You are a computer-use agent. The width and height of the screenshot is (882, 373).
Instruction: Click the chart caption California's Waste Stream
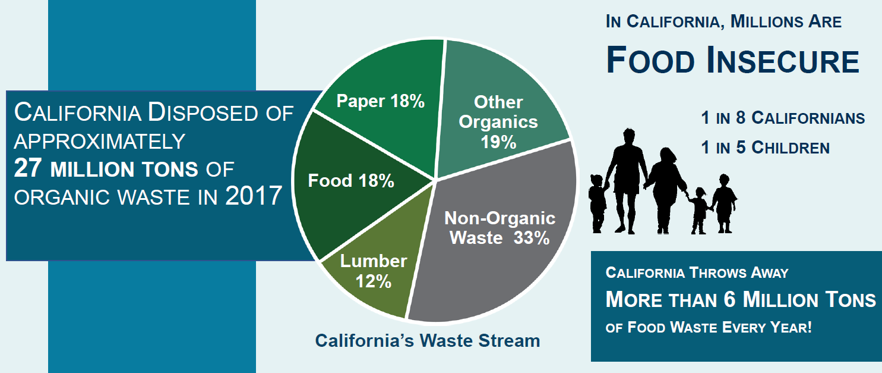428,341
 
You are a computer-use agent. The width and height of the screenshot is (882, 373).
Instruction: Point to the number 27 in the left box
27,168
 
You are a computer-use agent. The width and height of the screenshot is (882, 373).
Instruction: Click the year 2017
254,196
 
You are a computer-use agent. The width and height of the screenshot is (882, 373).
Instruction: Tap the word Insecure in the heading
783,61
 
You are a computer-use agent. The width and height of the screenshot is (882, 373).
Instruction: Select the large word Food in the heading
651,61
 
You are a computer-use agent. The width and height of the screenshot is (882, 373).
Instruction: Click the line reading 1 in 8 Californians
783,118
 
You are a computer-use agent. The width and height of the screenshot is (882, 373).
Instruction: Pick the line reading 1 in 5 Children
765,148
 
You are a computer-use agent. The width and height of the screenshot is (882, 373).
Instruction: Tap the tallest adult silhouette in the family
626,181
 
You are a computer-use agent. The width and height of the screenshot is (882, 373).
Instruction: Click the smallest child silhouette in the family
699,211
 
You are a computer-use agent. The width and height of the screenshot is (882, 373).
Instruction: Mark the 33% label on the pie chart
532,238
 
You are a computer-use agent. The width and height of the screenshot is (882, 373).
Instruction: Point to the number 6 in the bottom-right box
729,299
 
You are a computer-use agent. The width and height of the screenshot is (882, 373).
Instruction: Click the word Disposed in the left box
203,112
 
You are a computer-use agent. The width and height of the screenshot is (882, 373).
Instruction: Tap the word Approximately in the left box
100,142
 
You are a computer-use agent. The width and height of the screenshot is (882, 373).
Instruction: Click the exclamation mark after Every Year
809,327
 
